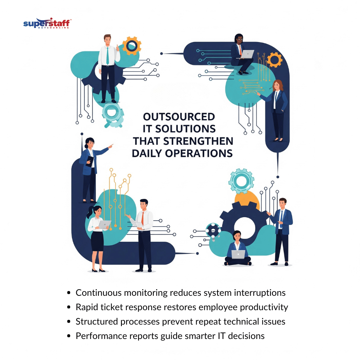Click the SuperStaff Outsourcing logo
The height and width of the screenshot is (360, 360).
(x=47, y=23)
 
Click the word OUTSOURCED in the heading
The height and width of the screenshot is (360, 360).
(x=179, y=117)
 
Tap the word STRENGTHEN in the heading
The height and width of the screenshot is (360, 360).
(x=198, y=141)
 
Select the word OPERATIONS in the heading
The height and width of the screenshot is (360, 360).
(x=199, y=153)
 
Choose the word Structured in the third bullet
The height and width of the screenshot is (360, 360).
(x=97, y=321)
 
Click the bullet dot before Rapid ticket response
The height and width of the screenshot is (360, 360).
(x=68, y=307)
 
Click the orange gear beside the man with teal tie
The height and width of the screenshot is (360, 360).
(x=132, y=46)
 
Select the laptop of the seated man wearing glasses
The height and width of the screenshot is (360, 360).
(x=247, y=54)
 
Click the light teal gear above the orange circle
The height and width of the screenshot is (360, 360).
(x=241, y=181)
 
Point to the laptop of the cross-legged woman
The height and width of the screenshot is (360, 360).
(x=238, y=255)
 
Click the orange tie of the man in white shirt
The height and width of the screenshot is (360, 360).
(x=142, y=218)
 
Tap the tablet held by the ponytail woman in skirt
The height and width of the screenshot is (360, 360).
(x=105, y=224)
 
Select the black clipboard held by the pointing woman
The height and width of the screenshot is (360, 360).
(x=90, y=161)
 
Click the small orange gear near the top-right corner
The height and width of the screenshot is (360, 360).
(x=275, y=60)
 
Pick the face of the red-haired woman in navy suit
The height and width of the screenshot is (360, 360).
(x=276, y=86)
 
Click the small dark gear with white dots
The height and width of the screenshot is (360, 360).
(x=213, y=230)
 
